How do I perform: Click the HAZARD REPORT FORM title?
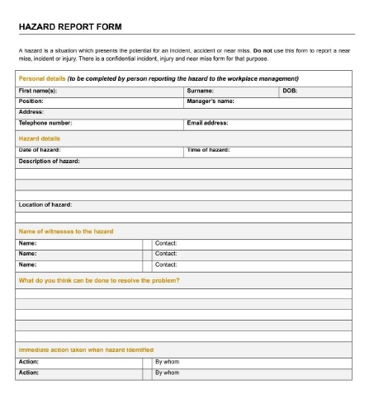69,27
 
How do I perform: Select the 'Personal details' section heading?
40,78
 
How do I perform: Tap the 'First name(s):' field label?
38,90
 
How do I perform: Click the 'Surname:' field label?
201,90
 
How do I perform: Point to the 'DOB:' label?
290,90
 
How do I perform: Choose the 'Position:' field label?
31,101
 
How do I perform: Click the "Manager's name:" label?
211,101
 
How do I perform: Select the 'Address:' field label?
31,111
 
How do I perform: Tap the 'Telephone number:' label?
45,122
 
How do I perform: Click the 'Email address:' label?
208,122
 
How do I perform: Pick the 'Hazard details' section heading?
39,138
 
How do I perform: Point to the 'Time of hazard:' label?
208,150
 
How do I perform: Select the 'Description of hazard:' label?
49,161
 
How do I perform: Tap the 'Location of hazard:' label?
45,204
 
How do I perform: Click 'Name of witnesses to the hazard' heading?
65,231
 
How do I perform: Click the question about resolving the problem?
98,280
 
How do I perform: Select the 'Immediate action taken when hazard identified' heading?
86,349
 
